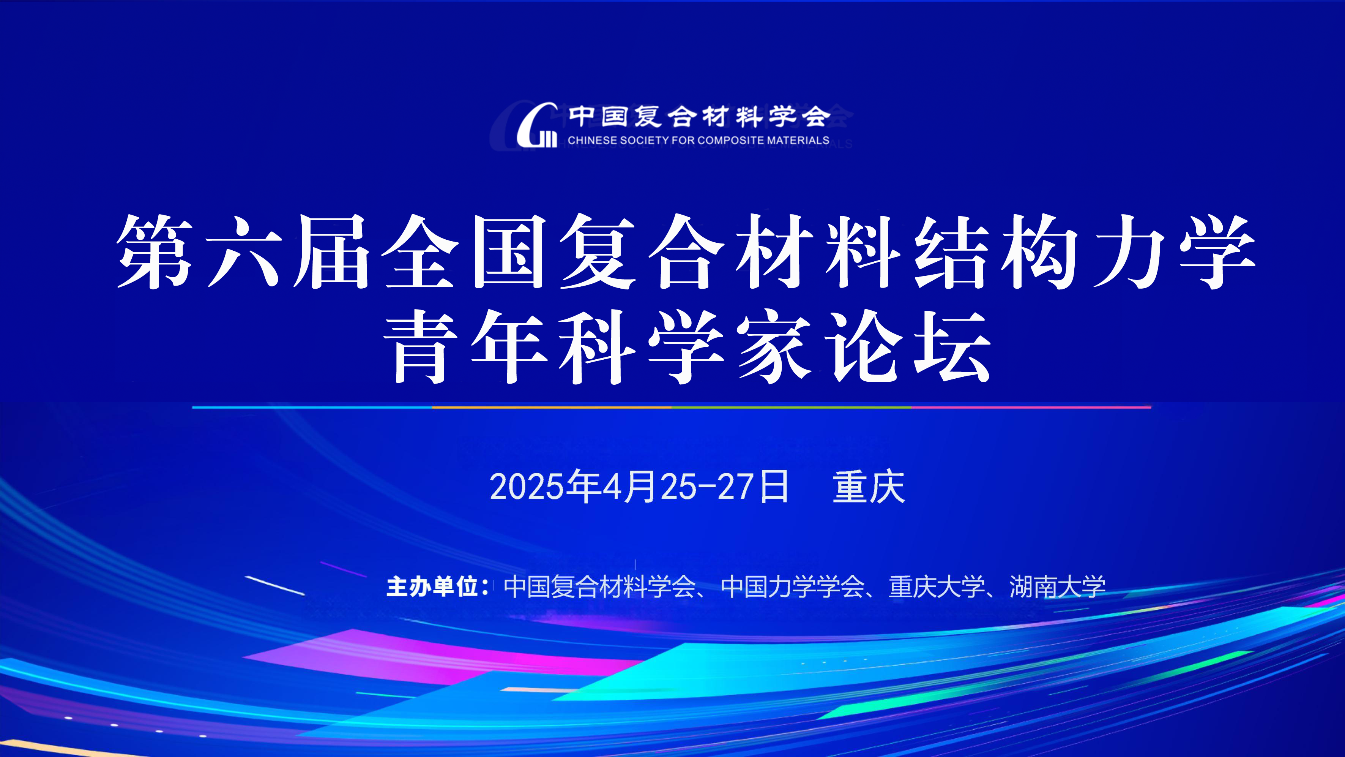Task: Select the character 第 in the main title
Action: pyautogui.click(x=155, y=251)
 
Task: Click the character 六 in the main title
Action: pyautogui.click(x=244, y=251)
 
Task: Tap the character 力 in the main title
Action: pyautogui.click(x=1129, y=251)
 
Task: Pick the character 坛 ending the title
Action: pyautogui.click(x=952, y=346)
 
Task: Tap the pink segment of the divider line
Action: pyautogui.click(x=1031, y=407)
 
